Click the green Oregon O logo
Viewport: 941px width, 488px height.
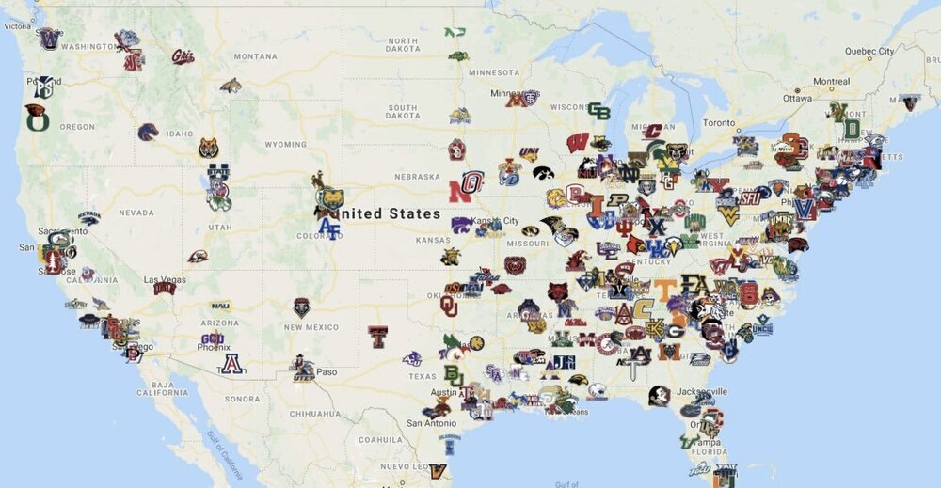[36, 118]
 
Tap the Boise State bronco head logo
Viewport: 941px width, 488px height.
[148, 133]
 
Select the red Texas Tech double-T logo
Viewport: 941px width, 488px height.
[377, 336]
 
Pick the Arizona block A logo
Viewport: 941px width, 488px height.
[230, 364]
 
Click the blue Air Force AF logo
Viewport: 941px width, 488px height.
[329, 227]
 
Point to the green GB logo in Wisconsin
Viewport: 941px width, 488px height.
[598, 112]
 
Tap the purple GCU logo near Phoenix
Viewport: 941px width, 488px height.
[213, 339]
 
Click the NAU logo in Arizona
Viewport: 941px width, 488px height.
[220, 306]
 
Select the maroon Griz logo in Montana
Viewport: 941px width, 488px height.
[183, 57]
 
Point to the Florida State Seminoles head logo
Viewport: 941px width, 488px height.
[659, 395]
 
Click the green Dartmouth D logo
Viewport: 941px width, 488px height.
[851, 128]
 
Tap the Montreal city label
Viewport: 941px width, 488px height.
[805, 82]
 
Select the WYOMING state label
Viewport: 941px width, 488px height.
[285, 145]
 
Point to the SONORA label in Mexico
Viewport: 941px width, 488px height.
[242, 399]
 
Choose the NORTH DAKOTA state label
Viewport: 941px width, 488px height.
[402, 46]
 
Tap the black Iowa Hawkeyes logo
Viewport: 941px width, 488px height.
[543, 173]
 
